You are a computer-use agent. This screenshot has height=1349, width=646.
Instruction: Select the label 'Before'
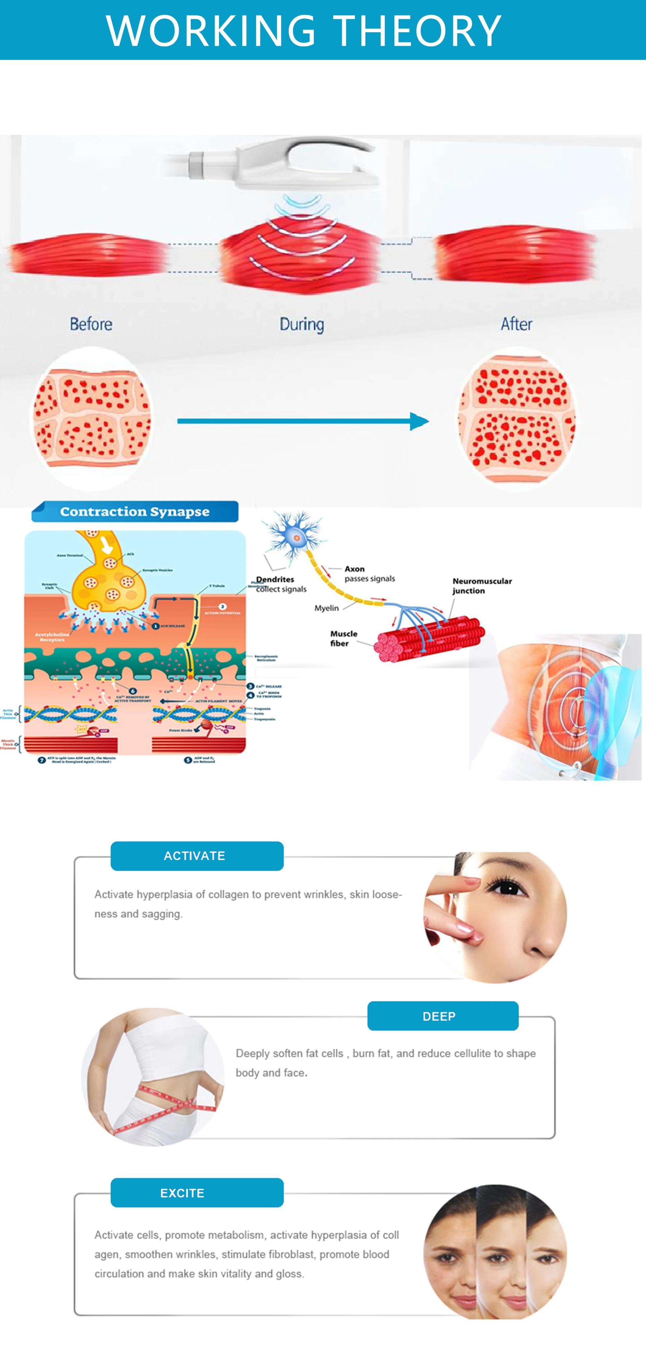click(91, 324)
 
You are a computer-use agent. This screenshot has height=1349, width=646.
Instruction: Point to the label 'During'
click(302, 325)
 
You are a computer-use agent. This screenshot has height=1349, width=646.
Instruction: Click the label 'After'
click(516, 324)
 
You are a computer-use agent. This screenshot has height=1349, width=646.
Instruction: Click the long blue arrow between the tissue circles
click(303, 421)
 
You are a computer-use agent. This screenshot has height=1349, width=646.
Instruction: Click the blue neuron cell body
click(296, 537)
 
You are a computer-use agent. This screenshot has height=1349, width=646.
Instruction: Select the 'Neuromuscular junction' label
click(482, 586)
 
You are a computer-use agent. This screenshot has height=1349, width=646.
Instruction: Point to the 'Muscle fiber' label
click(344, 638)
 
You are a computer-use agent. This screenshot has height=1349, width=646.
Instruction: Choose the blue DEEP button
click(443, 1016)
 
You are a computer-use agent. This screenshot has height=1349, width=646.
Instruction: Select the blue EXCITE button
click(197, 1193)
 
